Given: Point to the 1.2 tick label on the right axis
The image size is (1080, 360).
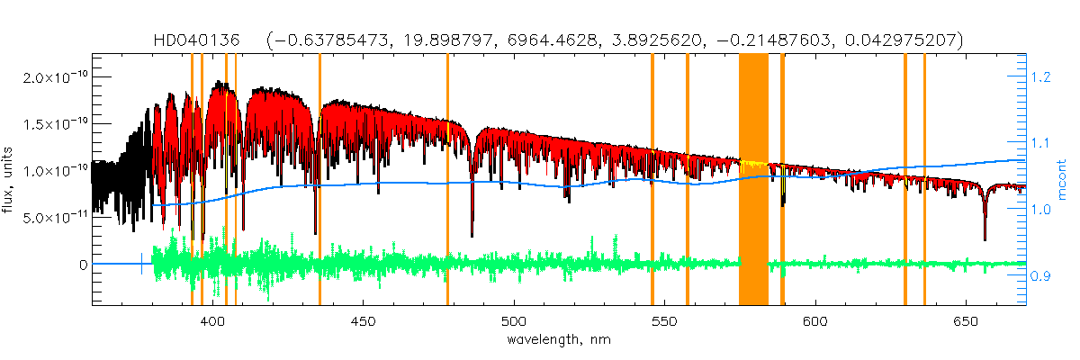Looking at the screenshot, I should click(x=1042, y=77).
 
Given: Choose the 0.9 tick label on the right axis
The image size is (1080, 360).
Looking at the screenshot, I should click(x=1042, y=276).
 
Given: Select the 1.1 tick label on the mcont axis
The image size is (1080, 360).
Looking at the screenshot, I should click(x=1042, y=143).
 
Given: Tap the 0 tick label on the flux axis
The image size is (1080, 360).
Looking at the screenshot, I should click(x=82, y=265).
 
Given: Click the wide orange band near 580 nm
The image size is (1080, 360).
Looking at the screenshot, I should click(x=753, y=180).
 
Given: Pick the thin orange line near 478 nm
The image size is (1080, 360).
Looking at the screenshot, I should click(x=447, y=180).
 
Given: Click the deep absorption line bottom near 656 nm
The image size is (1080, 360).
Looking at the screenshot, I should click(x=985, y=238).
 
